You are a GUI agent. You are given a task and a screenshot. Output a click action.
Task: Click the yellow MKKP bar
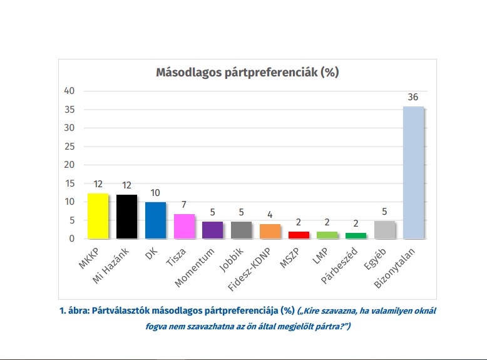click(98, 216)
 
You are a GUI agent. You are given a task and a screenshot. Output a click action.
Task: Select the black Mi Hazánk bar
click(126, 217)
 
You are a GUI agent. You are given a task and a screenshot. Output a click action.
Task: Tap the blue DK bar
click(155, 220)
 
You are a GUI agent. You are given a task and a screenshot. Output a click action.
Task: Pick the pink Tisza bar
click(184, 226)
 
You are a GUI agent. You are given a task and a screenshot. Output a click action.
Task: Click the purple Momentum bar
click(213, 230)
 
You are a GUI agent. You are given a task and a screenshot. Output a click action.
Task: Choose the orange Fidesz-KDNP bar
click(270, 231)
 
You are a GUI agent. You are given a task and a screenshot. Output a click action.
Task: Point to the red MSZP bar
click(299, 235)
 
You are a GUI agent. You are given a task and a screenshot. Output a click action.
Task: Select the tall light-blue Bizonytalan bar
click(414, 173)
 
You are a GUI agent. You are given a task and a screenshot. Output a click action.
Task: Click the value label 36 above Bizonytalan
click(413, 97)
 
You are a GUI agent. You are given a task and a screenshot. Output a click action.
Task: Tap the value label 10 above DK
click(155, 193)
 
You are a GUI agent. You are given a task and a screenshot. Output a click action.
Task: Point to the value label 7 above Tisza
click(184, 205)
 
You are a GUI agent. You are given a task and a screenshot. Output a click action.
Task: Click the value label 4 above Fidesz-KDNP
click(270, 215)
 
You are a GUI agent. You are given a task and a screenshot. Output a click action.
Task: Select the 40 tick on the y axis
click(69, 91)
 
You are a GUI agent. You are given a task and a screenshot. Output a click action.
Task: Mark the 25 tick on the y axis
click(69, 147)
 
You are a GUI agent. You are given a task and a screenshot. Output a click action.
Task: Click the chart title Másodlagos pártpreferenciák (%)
click(247, 72)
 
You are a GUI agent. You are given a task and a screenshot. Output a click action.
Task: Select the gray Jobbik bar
click(242, 230)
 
